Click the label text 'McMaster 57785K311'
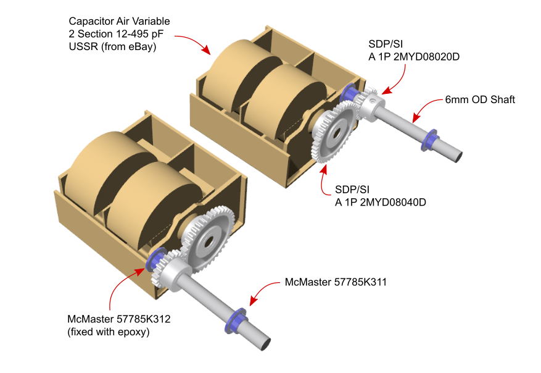336,282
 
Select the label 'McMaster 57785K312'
118,319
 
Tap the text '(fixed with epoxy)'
109,332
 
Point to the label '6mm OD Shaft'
480,99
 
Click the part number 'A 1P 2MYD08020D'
414,57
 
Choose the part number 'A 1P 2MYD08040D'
380,202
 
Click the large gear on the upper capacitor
335,133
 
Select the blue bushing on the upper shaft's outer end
429,139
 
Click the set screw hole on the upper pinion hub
371,101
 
